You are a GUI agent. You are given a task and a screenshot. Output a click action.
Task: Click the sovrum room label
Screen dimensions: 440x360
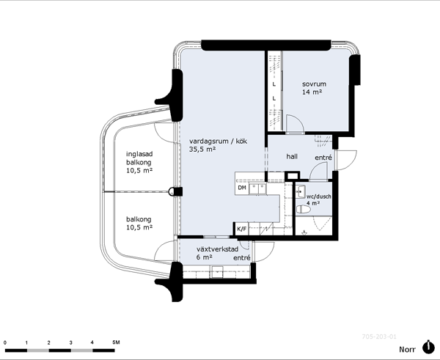[314, 84]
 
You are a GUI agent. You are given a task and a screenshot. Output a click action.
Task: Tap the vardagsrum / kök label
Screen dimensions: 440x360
[218, 141]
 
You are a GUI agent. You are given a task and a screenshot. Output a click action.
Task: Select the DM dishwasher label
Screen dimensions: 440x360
[242, 188]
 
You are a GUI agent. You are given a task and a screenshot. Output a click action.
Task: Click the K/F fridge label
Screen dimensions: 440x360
[241, 229]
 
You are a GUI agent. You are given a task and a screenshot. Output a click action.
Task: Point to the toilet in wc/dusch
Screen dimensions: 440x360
[303, 209]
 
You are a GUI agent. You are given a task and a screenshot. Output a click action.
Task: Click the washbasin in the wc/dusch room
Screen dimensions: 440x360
[301, 191]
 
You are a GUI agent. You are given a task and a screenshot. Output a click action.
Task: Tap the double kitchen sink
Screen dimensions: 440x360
[258, 189]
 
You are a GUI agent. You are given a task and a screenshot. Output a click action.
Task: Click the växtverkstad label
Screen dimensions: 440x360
[218, 249]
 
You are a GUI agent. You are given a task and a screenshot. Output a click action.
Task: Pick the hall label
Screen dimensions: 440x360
[292, 156]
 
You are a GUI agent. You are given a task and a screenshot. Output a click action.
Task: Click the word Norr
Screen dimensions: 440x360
[407, 349]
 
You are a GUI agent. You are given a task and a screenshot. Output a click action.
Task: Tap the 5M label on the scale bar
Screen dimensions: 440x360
[116, 342]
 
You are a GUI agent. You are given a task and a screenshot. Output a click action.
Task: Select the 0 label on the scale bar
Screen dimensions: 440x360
[5, 342]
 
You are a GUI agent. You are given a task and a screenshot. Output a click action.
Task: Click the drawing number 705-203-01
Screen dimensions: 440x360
[379, 337]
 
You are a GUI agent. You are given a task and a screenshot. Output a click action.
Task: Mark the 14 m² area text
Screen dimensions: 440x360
[312, 92]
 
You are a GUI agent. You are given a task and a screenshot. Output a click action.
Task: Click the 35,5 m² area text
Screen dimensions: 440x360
[202, 149]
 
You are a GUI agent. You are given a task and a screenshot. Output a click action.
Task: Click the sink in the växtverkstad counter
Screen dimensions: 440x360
[217, 272]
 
